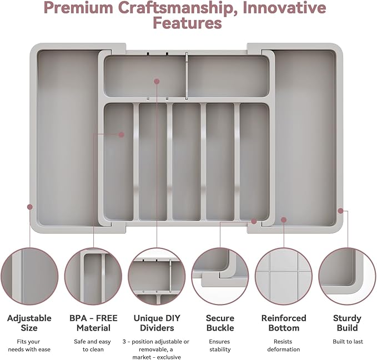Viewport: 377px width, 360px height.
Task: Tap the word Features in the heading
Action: pos(187,23)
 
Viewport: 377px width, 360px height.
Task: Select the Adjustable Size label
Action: pos(29,323)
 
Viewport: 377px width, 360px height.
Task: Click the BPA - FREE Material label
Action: pos(93,323)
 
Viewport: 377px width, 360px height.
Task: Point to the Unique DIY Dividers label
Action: pos(157,323)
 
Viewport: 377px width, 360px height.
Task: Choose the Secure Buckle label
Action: pos(220,323)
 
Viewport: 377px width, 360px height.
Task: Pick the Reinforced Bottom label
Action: pos(284,323)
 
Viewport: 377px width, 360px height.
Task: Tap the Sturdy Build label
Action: pos(347,323)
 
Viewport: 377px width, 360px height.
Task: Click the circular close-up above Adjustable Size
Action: pos(29,276)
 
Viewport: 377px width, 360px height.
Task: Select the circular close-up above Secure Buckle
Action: pos(220,276)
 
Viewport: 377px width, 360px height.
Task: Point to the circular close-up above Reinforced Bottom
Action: pos(284,276)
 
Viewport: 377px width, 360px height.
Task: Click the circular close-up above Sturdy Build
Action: pos(348,276)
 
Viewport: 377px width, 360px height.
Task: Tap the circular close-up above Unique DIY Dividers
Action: pos(157,276)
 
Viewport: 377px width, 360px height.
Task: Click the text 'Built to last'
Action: pos(348,342)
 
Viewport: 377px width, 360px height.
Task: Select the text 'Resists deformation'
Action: pos(284,346)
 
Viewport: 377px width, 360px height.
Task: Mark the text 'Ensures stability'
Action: pos(220,346)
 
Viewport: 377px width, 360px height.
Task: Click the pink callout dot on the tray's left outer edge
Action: pos(30,207)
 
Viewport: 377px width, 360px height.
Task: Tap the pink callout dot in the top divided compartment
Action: pos(157,82)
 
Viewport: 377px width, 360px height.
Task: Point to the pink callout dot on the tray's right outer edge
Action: pos(340,211)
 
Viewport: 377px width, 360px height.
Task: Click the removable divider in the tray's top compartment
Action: pos(187,76)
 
